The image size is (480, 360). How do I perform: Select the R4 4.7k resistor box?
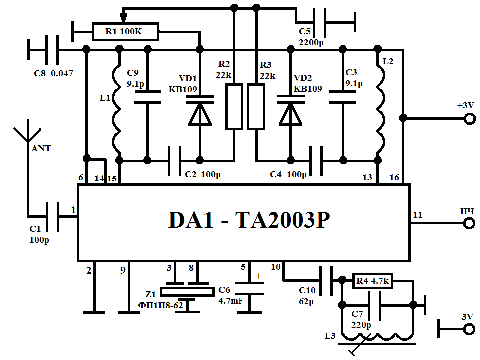[372, 282]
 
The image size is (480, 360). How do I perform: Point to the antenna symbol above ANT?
[27, 132]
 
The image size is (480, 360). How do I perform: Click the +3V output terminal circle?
[469, 119]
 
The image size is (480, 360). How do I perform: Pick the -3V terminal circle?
[469, 329]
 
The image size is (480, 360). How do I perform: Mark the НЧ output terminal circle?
[469, 223]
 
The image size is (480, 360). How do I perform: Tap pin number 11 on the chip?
[418, 215]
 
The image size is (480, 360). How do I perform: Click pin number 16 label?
[395, 177]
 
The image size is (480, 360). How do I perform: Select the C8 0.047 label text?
[53, 73]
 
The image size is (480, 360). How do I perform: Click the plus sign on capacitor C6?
[258, 276]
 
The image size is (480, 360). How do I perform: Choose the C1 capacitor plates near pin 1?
[52, 215]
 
